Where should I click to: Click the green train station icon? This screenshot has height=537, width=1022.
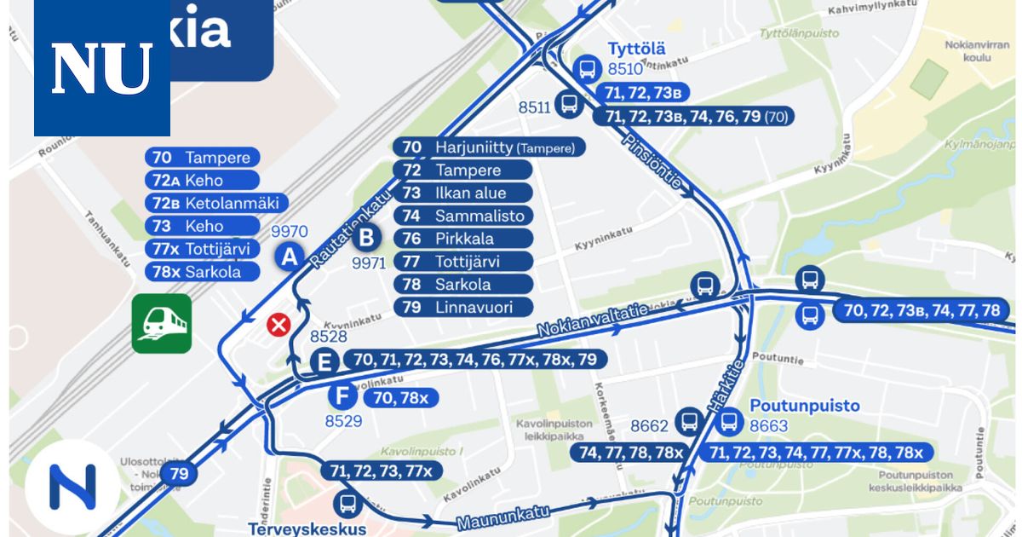[x=162, y=323]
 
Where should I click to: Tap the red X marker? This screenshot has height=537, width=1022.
[x=278, y=324]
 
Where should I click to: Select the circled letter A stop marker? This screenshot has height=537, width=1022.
[x=290, y=256]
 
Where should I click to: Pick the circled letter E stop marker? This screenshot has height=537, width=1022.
[x=323, y=361]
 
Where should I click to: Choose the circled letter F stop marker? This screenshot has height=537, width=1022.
[x=342, y=396]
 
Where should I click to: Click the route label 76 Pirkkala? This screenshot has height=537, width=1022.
[x=463, y=239]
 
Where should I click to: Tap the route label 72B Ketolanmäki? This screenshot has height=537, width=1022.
[x=216, y=204]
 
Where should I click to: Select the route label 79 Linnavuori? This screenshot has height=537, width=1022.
[x=463, y=307]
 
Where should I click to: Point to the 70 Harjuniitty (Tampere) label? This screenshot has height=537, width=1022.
[x=490, y=147]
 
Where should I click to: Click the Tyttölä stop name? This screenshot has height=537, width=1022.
[x=636, y=48]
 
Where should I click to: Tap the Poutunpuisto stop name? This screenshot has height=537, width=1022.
[x=805, y=406]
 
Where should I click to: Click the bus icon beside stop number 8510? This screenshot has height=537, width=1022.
[x=587, y=68]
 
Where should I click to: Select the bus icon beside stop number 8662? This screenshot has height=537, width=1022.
[x=688, y=421]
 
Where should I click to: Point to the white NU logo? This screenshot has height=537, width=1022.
[x=102, y=68]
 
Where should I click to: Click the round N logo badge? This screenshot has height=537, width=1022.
[x=72, y=487]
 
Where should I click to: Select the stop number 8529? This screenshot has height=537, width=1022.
[x=343, y=420]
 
